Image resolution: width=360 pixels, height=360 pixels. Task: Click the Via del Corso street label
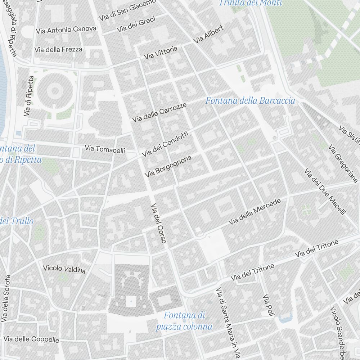tap(159, 224)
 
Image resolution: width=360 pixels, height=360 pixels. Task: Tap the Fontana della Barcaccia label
tap(250, 101)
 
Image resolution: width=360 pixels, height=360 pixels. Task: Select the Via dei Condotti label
tap(165, 144)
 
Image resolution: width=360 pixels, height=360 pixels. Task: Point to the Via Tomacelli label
tap(105, 149)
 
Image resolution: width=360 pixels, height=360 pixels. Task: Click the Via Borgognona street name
tap(168, 166)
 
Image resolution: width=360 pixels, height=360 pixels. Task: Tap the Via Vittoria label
tap(161, 53)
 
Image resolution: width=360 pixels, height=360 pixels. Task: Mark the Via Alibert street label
tap(208, 34)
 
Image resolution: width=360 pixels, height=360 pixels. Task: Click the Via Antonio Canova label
tap(66, 30)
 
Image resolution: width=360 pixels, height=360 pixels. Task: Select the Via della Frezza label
tap(58, 49)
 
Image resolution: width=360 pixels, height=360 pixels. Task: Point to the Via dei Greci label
tap(136, 24)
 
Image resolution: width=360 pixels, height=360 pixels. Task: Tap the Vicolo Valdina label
tap(64, 269)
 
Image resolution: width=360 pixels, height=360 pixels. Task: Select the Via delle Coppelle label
tap(31, 339)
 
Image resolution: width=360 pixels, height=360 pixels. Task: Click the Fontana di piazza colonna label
tap(184, 321)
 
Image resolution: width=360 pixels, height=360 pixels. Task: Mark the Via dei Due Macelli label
tap(325, 192)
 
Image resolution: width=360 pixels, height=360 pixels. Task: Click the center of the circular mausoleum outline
tap(54, 90)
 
